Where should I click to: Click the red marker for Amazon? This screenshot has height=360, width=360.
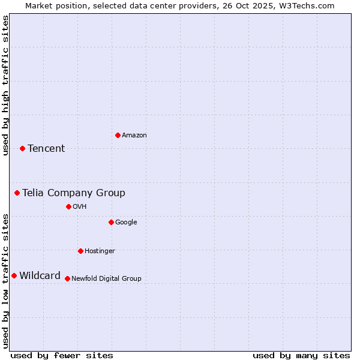118,135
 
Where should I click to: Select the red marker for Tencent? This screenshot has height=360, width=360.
22,148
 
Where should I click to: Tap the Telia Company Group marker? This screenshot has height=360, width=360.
17,193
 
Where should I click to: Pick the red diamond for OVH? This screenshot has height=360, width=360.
68,206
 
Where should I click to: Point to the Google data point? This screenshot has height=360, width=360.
111,222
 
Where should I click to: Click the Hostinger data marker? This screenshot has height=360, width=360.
80,251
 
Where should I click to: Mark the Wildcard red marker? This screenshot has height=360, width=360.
14,275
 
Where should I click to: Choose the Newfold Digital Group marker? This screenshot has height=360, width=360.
67,278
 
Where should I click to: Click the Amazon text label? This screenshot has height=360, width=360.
134,136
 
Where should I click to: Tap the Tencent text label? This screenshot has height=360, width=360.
46,149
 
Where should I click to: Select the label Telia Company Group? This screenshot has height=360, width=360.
74,193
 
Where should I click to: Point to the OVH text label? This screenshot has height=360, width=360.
80,207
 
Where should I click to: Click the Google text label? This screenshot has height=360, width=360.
126,223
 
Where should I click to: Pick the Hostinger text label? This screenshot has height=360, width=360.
100,251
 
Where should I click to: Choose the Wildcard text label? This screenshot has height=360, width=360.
40,276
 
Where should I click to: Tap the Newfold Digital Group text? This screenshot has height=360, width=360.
106,279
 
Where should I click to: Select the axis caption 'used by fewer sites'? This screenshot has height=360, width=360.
62,355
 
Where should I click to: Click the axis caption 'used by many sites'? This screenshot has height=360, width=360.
301,355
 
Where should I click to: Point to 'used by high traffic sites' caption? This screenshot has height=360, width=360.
5,85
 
